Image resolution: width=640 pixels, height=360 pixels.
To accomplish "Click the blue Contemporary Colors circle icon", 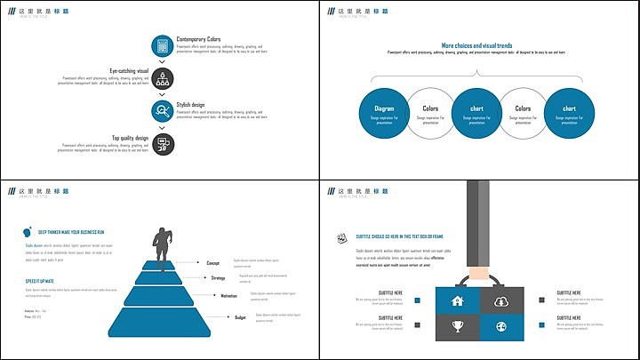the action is tap(163, 45).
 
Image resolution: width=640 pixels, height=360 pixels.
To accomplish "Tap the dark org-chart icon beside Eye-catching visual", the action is tap(163, 78).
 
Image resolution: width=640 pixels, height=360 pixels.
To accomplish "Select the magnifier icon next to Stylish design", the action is tap(163, 110).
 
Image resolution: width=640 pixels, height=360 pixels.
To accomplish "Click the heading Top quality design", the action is tap(130, 138).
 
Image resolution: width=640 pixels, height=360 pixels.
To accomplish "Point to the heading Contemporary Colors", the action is tap(198, 39).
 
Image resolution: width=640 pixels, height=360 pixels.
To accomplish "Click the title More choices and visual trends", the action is tap(476, 45).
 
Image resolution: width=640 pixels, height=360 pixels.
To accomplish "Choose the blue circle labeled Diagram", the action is tap(384, 114).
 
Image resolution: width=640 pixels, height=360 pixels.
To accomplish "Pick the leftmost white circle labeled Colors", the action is tap(430, 114).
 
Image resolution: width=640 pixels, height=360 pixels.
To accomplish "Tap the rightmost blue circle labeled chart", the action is tap(569, 114).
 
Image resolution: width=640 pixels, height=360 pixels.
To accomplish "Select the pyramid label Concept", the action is tap(213, 263).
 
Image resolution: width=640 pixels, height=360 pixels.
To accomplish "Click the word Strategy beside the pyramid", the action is tap(218, 278).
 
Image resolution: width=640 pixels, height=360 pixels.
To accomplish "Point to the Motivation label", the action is tap(228, 296).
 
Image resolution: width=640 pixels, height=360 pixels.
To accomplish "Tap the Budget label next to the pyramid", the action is tap(240, 317).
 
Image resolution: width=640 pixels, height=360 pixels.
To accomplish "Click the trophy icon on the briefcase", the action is tap(458, 327).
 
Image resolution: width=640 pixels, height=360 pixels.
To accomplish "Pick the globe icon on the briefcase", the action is tap(501, 327).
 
